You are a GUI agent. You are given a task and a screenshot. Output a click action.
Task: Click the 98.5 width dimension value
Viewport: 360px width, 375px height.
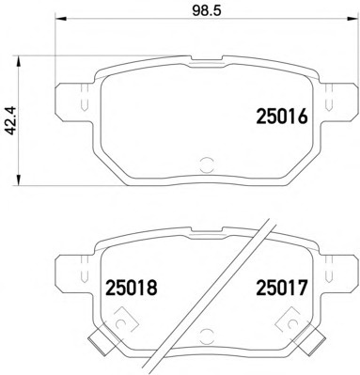pos(207,10)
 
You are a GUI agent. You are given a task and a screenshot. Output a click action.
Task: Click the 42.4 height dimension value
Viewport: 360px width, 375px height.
pos(11,120)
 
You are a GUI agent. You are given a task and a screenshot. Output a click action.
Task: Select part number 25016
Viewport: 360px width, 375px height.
pos(282,117)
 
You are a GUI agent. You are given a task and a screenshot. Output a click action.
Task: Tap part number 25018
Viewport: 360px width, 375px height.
pos(132,288)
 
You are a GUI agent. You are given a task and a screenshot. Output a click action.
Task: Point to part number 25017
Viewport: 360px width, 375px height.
pos(281,288)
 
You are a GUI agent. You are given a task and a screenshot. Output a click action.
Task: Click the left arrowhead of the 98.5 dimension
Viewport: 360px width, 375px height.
pos(61,19)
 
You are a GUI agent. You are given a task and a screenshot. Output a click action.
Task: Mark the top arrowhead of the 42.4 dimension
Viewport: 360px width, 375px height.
pos(19,62)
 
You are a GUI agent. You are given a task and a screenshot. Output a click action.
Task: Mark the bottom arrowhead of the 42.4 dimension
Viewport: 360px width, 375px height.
pos(19,180)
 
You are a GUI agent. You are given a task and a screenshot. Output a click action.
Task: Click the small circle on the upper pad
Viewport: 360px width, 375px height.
pos(207,164)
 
